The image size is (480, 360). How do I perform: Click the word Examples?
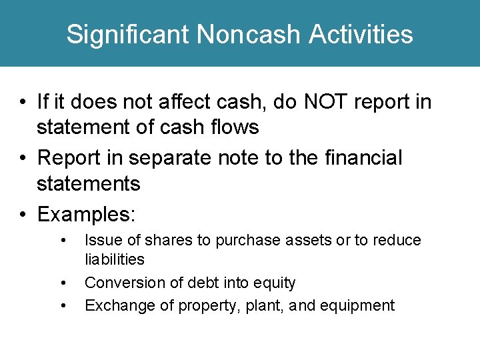pos(87,214)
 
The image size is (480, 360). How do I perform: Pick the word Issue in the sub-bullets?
pos(101,240)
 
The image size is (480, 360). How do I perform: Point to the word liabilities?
pos(115,259)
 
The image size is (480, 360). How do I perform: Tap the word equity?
pos(273,283)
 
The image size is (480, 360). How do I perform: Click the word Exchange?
pos(113,305)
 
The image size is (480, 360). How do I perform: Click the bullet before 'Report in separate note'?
pos(23,158)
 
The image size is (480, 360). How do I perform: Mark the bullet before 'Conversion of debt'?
pos(63,283)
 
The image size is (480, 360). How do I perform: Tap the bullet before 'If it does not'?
pos(23,102)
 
